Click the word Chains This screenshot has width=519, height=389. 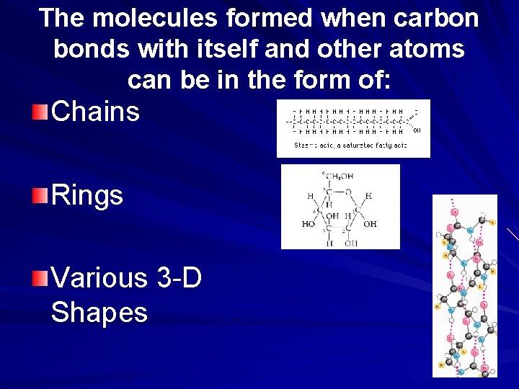point(96,112)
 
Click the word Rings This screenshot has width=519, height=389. point(87,195)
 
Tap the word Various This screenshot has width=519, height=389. point(97,277)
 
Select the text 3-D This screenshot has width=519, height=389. point(178,277)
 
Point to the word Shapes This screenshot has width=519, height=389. point(99,312)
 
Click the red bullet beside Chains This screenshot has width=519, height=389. point(40,112)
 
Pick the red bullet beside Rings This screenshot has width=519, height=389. point(40,194)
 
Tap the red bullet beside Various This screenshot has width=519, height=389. point(40,277)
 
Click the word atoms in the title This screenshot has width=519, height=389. point(428,49)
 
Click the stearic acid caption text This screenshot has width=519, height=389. point(351,146)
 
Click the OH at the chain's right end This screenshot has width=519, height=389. point(417,130)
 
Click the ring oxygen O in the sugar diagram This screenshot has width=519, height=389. point(348,192)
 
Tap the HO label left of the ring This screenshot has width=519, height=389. point(309,224)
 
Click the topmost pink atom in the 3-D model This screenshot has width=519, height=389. point(455,212)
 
